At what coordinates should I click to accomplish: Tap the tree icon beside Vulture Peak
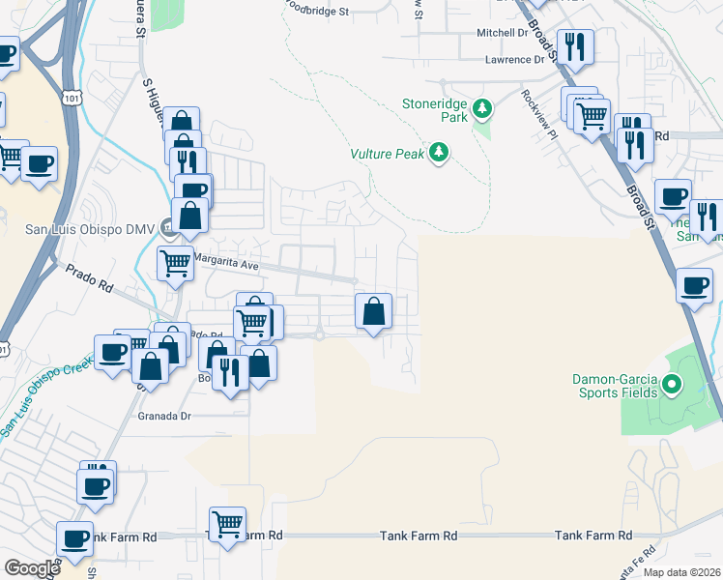pos(440,153)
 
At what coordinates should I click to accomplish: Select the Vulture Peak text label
pos(388,154)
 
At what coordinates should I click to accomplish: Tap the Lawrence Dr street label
pos(515,59)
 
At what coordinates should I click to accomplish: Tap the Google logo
pos(31,567)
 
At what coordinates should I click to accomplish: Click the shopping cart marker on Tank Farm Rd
pos(227,525)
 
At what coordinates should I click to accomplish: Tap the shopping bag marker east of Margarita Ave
pos(373,311)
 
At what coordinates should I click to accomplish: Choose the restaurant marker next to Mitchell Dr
pos(574,44)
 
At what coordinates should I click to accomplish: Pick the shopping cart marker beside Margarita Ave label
pos(175,261)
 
